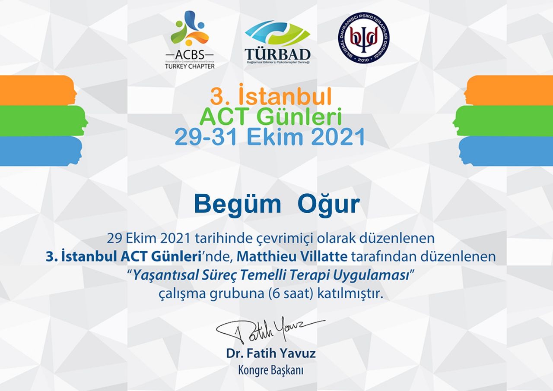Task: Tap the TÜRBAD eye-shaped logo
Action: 277,42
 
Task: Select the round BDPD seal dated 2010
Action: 364,38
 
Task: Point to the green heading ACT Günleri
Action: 270,117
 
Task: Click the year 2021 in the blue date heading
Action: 338,136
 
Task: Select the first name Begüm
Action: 238,205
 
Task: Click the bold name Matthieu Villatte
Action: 292,256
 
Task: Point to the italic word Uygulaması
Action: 371,275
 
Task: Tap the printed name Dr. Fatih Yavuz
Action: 271,353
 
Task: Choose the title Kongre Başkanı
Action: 271,370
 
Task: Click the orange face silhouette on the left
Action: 38,90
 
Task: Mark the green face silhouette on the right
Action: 502,121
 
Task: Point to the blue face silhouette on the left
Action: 41,151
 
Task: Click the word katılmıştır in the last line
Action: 350,294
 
